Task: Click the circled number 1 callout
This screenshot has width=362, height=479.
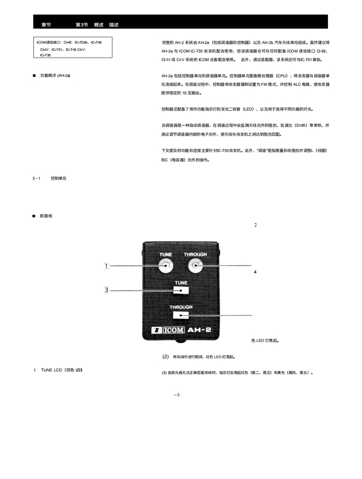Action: (x=107, y=266)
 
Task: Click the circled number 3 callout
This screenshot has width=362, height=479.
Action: (x=107, y=290)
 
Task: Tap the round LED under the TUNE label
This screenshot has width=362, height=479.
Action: (x=166, y=266)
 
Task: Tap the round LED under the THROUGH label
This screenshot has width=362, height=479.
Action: (x=195, y=266)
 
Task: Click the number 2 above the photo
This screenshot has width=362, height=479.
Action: (x=255, y=225)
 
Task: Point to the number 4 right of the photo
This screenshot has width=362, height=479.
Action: (x=255, y=272)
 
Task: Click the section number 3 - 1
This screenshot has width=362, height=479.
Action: (x=36, y=178)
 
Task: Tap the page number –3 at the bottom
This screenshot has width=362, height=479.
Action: (x=177, y=394)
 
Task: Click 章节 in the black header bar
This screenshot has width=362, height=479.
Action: (x=46, y=25)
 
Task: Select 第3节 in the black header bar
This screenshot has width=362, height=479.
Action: (x=82, y=25)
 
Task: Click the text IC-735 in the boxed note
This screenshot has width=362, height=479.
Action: (x=45, y=55)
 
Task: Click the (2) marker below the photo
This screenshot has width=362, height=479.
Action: (x=165, y=356)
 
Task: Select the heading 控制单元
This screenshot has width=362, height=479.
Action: (x=58, y=178)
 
